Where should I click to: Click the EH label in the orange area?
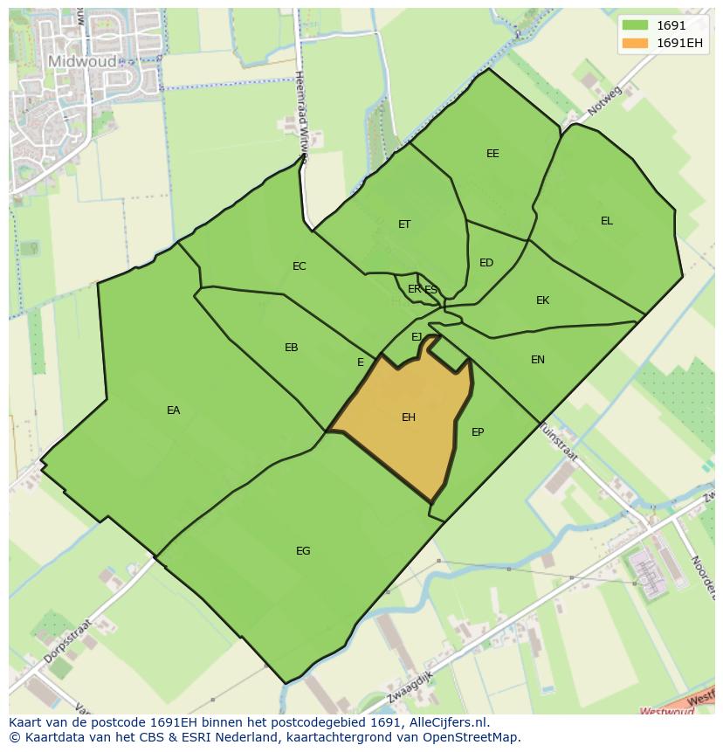(x=408, y=417)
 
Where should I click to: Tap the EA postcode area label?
(x=173, y=410)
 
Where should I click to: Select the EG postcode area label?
(x=303, y=551)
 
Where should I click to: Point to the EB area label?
(x=292, y=348)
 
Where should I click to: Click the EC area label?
(x=299, y=266)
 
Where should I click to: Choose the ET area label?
(x=404, y=224)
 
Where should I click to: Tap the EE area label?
(x=492, y=154)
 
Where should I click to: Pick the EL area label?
(x=607, y=221)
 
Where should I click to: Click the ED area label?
(x=486, y=263)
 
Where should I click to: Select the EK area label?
(x=542, y=300)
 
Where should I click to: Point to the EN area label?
(x=538, y=360)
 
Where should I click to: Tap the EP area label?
(x=478, y=432)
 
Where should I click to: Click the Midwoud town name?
(x=82, y=61)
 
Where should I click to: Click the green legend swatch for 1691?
(x=635, y=25)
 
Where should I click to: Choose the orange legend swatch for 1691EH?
(x=635, y=43)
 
